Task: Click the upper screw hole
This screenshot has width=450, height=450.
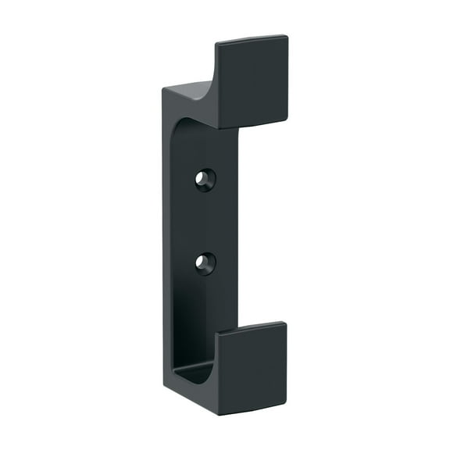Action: (x=205, y=179)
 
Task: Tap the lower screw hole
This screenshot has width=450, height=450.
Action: (x=205, y=262)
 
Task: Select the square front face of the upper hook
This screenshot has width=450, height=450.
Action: (x=252, y=81)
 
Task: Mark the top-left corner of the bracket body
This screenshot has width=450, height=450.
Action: (x=163, y=88)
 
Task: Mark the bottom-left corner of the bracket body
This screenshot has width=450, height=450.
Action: (x=164, y=383)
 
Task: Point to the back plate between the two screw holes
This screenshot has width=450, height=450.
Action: (x=205, y=221)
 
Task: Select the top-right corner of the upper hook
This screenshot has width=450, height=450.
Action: (x=287, y=36)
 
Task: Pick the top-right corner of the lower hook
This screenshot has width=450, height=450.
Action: (x=285, y=323)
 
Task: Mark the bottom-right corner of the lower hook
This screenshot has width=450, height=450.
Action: (x=287, y=406)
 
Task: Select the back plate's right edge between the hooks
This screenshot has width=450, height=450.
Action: (x=238, y=227)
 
